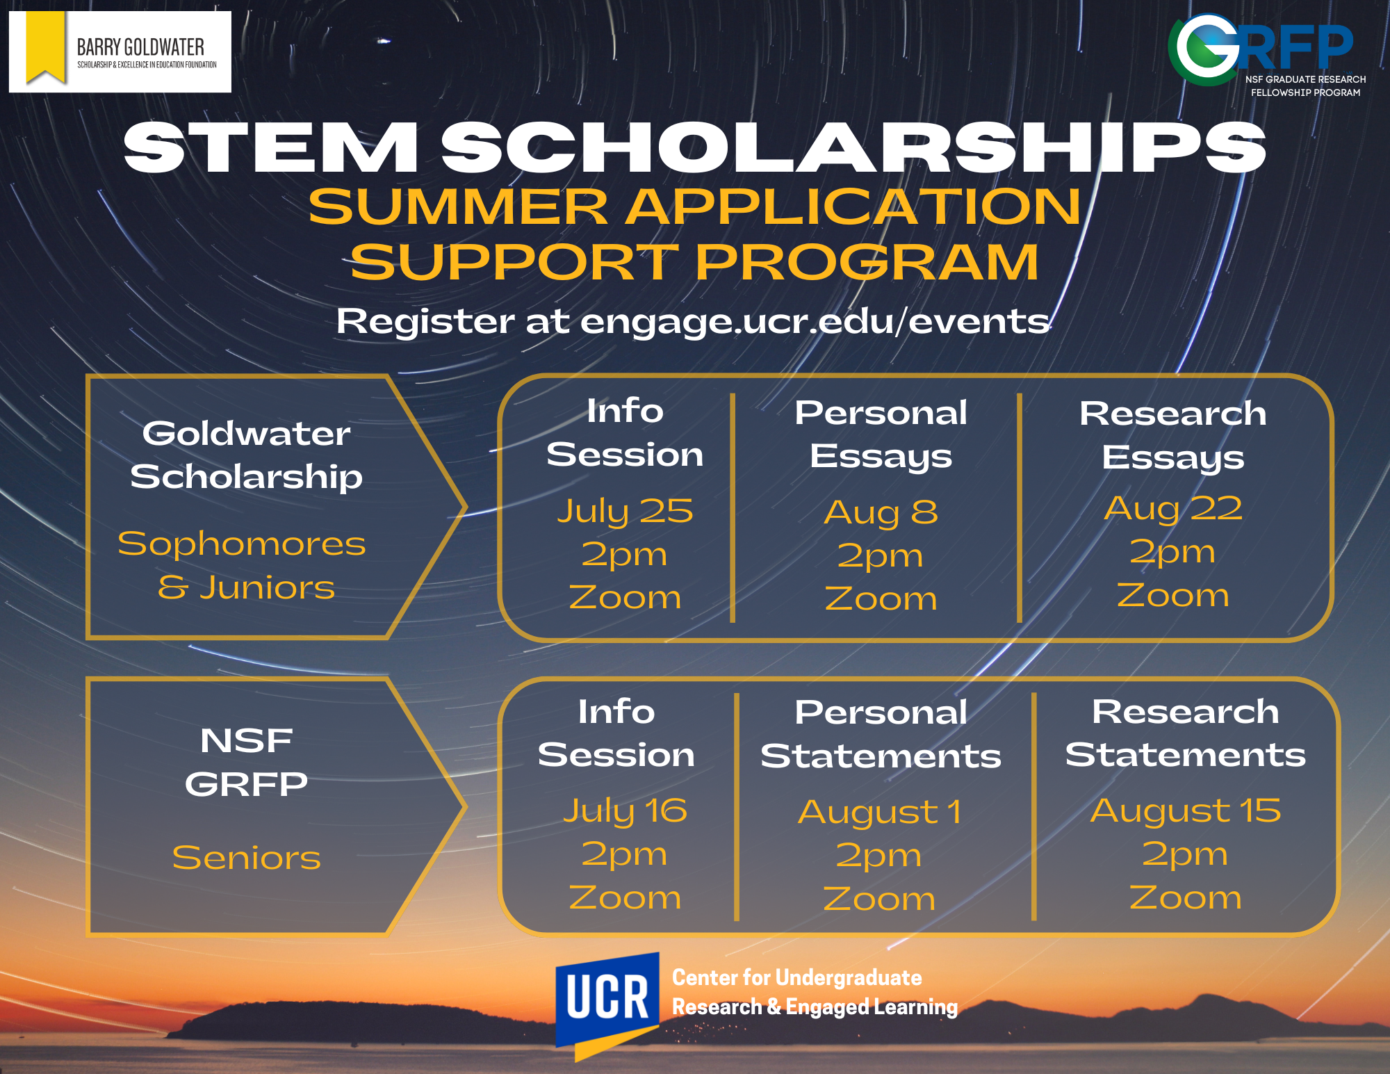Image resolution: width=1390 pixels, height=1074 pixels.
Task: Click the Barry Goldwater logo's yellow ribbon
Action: [45, 46]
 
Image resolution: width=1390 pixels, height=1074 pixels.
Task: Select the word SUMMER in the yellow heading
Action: [459, 206]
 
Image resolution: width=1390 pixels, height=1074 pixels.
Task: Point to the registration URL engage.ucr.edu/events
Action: [815, 321]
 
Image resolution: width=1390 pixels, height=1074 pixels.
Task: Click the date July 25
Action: [625, 512]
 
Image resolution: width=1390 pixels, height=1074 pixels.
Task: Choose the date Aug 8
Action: [881, 512]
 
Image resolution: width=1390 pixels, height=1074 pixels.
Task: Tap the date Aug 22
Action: [1173, 508]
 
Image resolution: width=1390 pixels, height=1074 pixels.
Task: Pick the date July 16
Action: [625, 811]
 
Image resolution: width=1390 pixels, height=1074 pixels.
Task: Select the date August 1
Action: [880, 812]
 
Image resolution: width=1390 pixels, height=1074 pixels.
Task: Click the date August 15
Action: [1185, 811]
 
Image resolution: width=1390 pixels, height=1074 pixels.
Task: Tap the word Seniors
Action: [247, 858]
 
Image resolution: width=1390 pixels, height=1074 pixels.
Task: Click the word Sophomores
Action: [242, 544]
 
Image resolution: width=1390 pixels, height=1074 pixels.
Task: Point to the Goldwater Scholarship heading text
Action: [247, 455]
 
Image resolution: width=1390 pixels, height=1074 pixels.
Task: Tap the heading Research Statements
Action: [1185, 733]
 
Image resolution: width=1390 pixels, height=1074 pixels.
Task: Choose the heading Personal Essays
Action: [881, 434]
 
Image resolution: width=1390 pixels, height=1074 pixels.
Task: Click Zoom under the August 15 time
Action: [1185, 897]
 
